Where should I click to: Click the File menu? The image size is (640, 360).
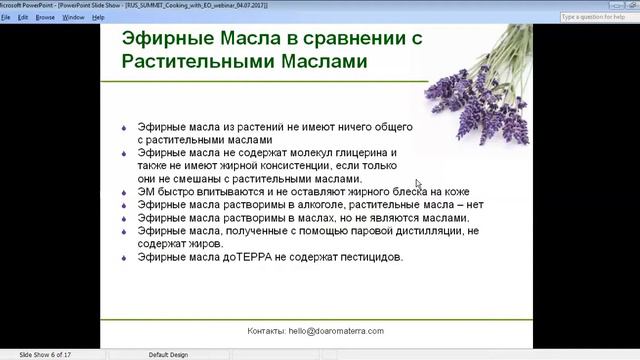coord(7,17)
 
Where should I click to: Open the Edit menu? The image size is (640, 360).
coord(22,17)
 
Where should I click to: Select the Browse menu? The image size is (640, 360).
coord(46,17)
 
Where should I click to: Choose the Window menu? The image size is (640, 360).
coord(74,17)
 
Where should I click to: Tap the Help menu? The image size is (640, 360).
coord(98,17)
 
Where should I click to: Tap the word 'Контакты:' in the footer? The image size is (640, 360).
coord(268,331)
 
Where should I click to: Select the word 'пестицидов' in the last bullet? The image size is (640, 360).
coord(369,257)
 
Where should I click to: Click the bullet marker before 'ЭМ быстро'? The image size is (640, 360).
coord(122,192)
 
